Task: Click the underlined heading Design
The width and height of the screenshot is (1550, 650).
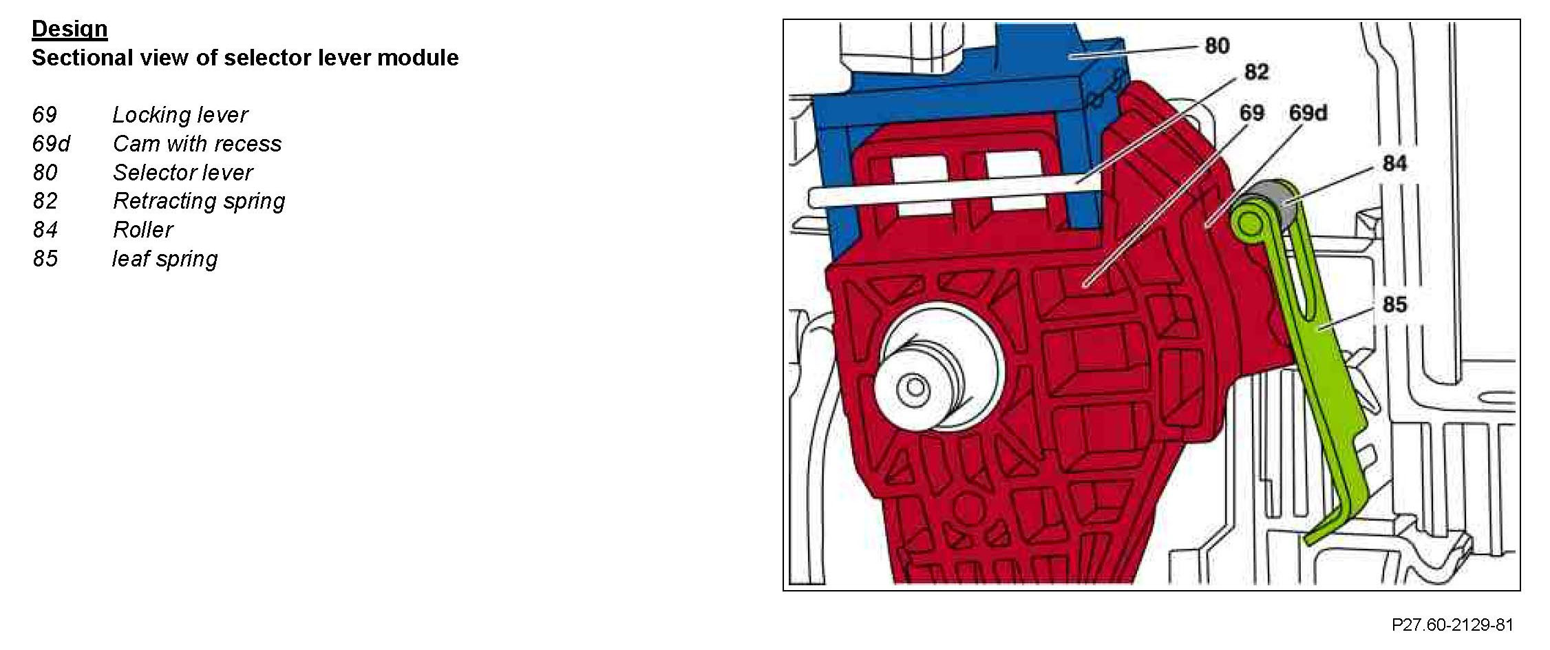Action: coord(70,29)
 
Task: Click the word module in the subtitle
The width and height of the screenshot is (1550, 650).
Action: coord(418,57)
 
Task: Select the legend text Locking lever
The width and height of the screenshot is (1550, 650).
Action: coord(180,115)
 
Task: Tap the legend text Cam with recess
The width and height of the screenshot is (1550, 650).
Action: coord(197,144)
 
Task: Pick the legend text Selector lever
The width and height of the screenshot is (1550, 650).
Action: coord(182,173)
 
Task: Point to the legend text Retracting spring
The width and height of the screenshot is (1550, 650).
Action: coord(198,201)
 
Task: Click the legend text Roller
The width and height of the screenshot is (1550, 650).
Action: coord(142,230)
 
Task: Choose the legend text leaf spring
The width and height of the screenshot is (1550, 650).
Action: coord(164,259)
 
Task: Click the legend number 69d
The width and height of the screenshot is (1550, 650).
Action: coord(50,144)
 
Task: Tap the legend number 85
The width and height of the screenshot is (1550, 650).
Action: coord(45,259)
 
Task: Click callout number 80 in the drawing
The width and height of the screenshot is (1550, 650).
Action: coord(1217,46)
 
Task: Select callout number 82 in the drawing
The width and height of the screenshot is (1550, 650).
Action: coord(1256,72)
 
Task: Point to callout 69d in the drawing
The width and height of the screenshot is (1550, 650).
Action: coord(1308,113)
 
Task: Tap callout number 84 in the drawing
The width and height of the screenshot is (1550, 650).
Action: coord(1394,164)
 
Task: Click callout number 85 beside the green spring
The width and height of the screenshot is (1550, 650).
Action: coord(1394,304)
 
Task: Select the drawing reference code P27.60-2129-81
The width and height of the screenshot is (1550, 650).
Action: coord(1452,625)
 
